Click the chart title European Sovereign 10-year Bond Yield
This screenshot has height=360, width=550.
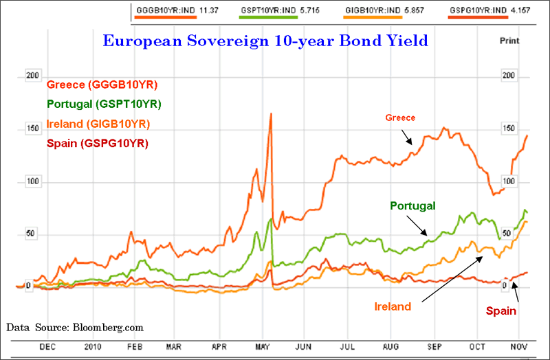click(265, 41)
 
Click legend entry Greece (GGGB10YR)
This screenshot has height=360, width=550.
click(102, 85)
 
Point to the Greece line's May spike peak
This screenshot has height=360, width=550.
click(271, 113)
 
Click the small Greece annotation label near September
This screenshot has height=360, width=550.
click(401, 118)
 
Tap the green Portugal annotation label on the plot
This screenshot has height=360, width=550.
click(413, 205)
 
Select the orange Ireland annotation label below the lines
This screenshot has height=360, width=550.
click(393, 306)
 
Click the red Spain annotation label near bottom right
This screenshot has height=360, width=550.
click(501, 311)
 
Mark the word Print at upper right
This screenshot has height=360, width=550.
click(509, 41)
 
